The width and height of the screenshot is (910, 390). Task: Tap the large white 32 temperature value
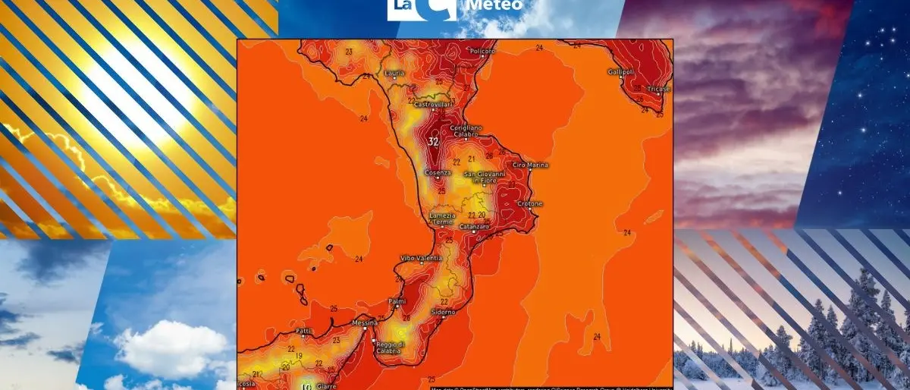pyautogui.click(x=434, y=142)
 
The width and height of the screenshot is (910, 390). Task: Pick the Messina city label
pyautogui.click(x=365, y=323)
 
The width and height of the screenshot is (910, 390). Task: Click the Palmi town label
pyautogui.click(x=397, y=300)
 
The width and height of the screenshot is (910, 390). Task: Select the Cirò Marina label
pyautogui.click(x=531, y=165)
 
